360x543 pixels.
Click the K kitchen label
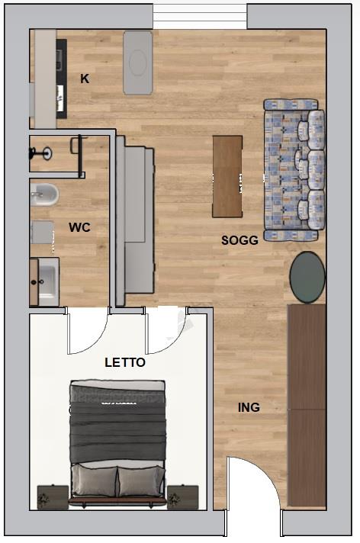[x=85, y=79]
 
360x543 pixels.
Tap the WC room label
[x=79, y=227]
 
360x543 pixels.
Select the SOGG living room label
[x=239, y=240]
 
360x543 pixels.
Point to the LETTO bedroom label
[x=125, y=362]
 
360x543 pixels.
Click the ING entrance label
[x=249, y=407]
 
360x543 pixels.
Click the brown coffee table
[x=227, y=176]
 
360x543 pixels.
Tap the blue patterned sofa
[x=294, y=169]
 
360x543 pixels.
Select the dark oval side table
[x=307, y=277]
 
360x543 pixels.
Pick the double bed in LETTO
[x=117, y=442]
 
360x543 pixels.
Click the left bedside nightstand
[x=53, y=496]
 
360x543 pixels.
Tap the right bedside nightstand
[x=182, y=496]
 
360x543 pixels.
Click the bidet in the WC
[x=44, y=194]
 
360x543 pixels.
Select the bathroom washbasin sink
[x=47, y=281]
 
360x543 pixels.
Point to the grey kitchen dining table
[x=138, y=63]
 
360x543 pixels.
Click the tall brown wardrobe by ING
[x=307, y=406]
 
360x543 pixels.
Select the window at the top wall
[x=200, y=17]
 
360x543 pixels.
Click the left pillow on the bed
[x=95, y=480]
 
